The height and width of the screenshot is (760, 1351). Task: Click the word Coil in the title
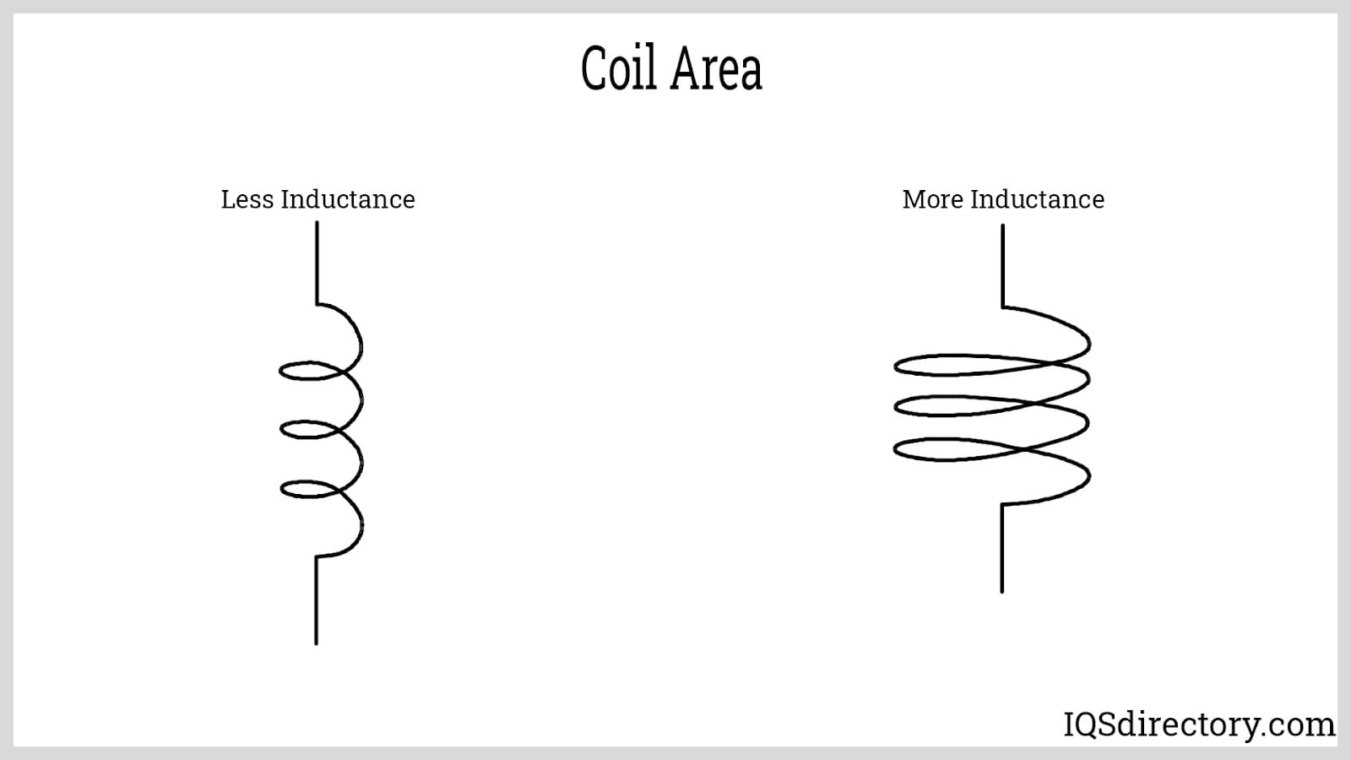pyautogui.click(x=618, y=68)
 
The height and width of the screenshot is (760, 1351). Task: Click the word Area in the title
pyautogui.click(x=717, y=68)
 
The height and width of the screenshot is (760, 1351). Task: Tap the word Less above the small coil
pyautogui.click(x=247, y=199)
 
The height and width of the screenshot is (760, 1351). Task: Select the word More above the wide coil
pyautogui.click(x=932, y=199)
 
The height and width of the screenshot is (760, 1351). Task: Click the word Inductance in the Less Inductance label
pyautogui.click(x=348, y=199)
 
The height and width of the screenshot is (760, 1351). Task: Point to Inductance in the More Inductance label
pyautogui.click(x=1037, y=199)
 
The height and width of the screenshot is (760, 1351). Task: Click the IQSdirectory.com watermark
pyautogui.click(x=1199, y=724)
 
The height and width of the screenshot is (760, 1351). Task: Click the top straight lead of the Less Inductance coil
pyautogui.click(x=317, y=262)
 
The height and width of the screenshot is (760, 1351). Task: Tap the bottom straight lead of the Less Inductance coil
pyautogui.click(x=316, y=600)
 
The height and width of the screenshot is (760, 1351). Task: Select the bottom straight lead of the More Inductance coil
pyautogui.click(x=1002, y=549)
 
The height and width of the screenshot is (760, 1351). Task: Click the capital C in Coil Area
pyautogui.click(x=595, y=68)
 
